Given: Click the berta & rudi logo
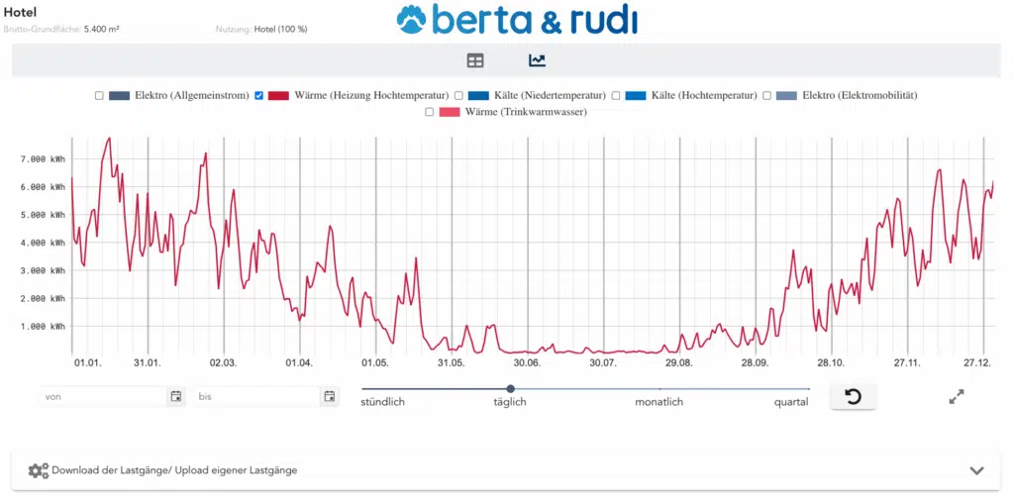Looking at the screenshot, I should pyautogui.click(x=517, y=20).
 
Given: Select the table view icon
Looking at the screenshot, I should pyautogui.click(x=475, y=60).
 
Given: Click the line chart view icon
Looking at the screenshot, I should pyautogui.click(x=537, y=60).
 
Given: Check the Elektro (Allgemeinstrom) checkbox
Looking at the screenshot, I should pyautogui.click(x=99, y=95).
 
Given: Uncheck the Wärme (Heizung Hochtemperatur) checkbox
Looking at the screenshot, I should pyautogui.click(x=259, y=95).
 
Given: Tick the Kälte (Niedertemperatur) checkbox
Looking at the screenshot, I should pyautogui.click(x=458, y=95).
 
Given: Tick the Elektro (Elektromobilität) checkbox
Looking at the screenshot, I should pyautogui.click(x=766, y=95).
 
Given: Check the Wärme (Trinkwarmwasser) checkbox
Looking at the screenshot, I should pyautogui.click(x=430, y=112).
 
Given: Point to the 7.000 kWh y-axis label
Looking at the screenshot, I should pyautogui.click(x=43, y=158).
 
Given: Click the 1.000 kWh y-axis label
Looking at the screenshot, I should pyautogui.click(x=43, y=326).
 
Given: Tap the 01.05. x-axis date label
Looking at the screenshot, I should pyautogui.click(x=375, y=363).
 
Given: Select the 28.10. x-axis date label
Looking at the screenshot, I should pyautogui.click(x=831, y=363).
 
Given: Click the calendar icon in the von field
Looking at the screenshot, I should pyautogui.click(x=176, y=396).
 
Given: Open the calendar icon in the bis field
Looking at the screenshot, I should pyautogui.click(x=330, y=396).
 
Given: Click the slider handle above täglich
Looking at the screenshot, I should pyautogui.click(x=511, y=389).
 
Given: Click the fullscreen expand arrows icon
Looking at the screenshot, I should pyautogui.click(x=957, y=396).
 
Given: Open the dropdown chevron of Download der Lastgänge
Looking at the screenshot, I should pyautogui.click(x=976, y=470).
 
